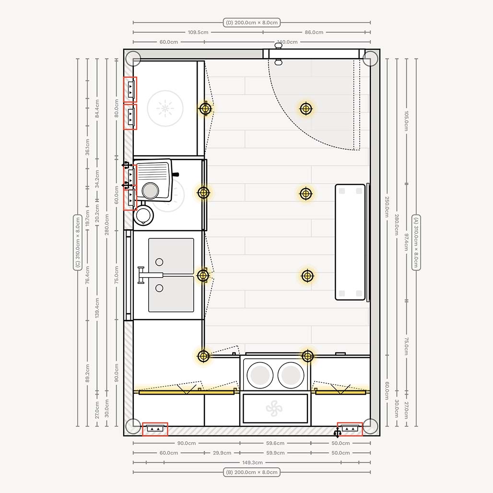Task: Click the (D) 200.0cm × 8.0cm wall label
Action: click(252, 23)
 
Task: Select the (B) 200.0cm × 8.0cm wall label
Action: click(252, 472)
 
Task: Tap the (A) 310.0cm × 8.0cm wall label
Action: click(416, 242)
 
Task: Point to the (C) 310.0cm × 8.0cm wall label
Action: click(77, 243)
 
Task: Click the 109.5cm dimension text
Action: click(198, 32)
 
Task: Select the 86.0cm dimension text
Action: click(314, 32)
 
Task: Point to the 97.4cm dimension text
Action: click(406, 242)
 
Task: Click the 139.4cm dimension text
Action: click(97, 308)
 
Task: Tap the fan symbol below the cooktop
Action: click(274, 409)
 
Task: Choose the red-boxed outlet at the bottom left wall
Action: click(155, 429)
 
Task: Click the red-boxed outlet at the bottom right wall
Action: click(350, 428)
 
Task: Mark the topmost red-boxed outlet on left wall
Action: click(130, 89)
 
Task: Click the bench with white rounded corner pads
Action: click(351, 242)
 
